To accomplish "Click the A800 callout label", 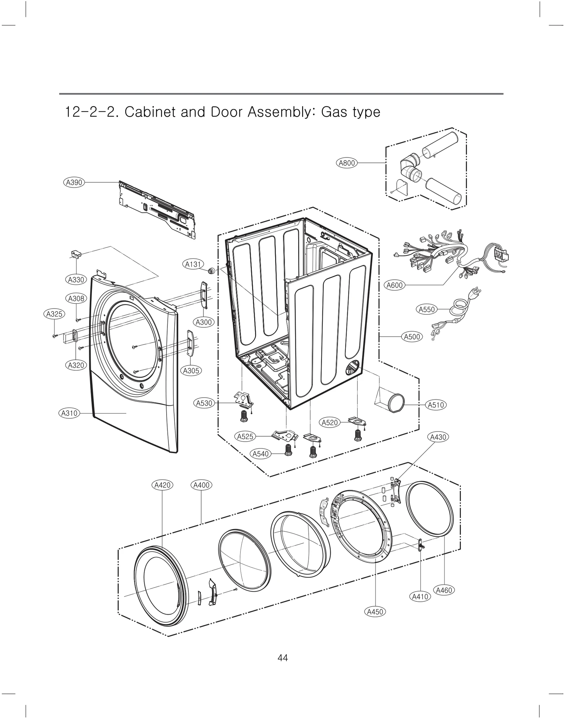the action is coord(347,163).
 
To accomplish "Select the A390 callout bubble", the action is coord(74,182).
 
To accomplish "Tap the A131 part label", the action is coord(193,264).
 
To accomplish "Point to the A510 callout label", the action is coord(436,405).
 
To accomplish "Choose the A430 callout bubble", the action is coord(439,437).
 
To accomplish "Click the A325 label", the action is coord(54,314).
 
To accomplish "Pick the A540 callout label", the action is coord(261,454).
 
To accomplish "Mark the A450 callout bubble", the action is coord(375,612).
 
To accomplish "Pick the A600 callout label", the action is coord(395,285).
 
